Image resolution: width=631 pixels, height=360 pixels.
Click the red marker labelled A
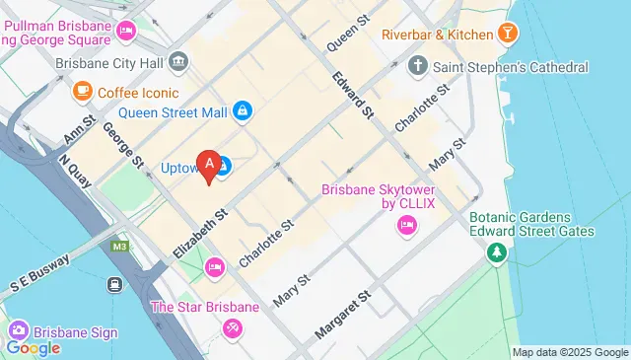(x=208, y=165)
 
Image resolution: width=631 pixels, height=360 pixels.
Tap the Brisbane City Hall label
(x=108, y=61)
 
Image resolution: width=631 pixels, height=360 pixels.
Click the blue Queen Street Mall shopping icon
(x=242, y=111)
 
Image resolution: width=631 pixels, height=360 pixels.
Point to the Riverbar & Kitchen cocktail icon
(x=508, y=35)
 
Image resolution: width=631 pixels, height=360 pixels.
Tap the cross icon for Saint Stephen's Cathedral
(x=418, y=67)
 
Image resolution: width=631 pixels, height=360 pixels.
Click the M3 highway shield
(x=120, y=247)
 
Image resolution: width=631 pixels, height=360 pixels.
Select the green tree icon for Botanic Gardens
(x=496, y=253)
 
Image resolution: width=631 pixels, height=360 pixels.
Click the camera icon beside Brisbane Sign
(x=17, y=331)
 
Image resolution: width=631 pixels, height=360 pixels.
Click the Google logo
(x=33, y=347)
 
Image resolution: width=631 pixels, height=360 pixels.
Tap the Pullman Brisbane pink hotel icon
(x=125, y=32)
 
